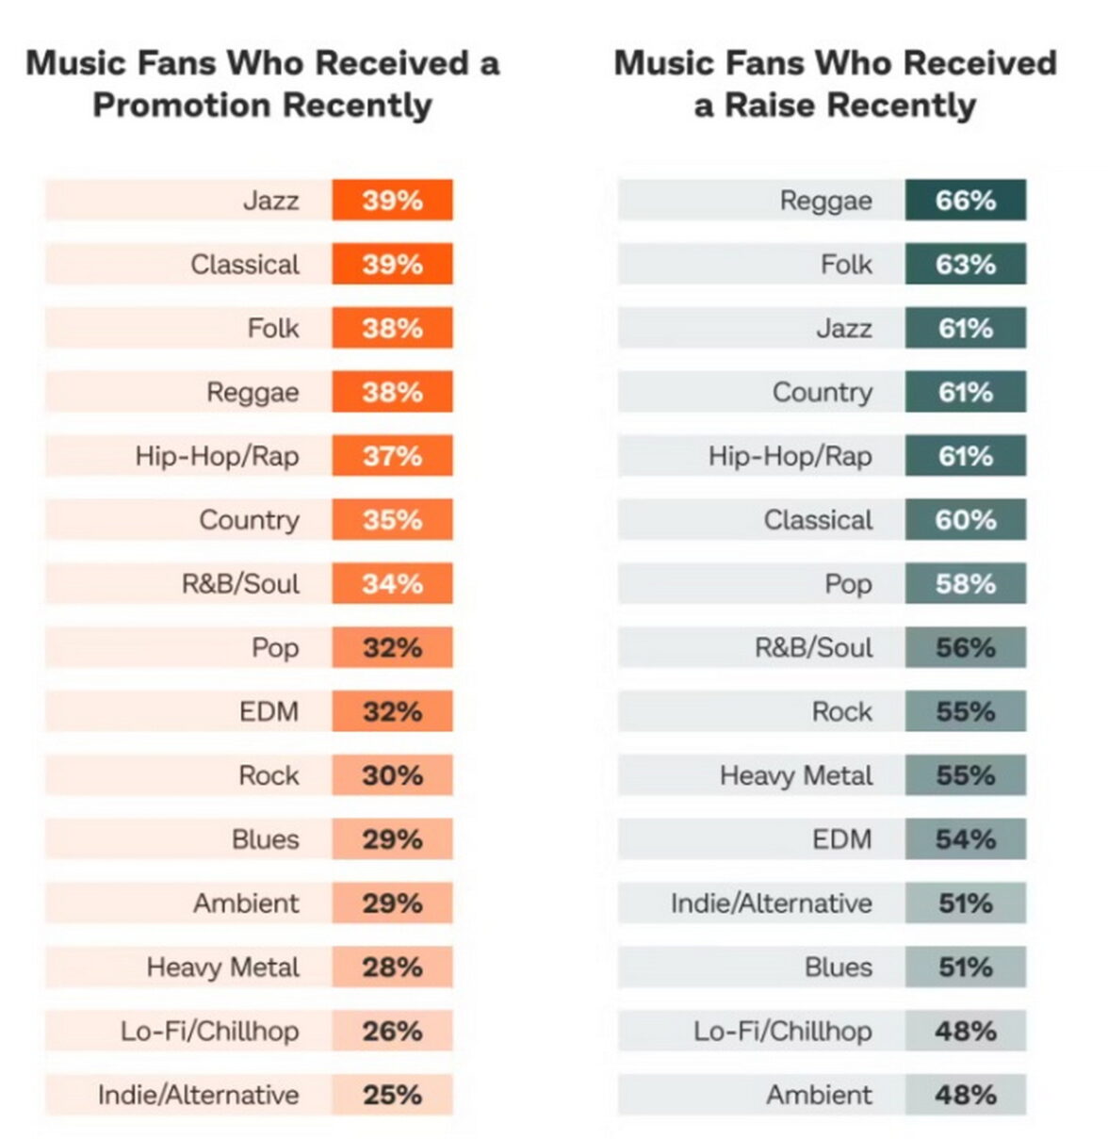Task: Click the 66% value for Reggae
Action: tap(965, 200)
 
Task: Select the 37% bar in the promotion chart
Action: tap(392, 456)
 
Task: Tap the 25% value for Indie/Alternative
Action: tap(392, 1095)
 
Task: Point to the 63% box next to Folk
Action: tap(965, 264)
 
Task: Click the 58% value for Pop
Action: tap(965, 584)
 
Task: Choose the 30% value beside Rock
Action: tap(392, 775)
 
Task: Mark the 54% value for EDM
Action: tap(965, 839)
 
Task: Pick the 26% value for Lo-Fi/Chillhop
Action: tap(392, 1031)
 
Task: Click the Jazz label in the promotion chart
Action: tap(270, 200)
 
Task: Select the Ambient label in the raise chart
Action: tap(819, 1095)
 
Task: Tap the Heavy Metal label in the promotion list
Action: tap(222, 968)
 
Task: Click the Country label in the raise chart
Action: tap(822, 392)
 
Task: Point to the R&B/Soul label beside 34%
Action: tap(240, 584)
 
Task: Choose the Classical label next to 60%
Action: tap(818, 520)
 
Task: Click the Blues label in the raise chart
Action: tap(838, 968)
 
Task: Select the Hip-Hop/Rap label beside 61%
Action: tap(790, 456)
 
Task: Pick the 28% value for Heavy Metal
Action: tap(392, 968)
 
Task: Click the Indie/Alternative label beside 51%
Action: tap(771, 903)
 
